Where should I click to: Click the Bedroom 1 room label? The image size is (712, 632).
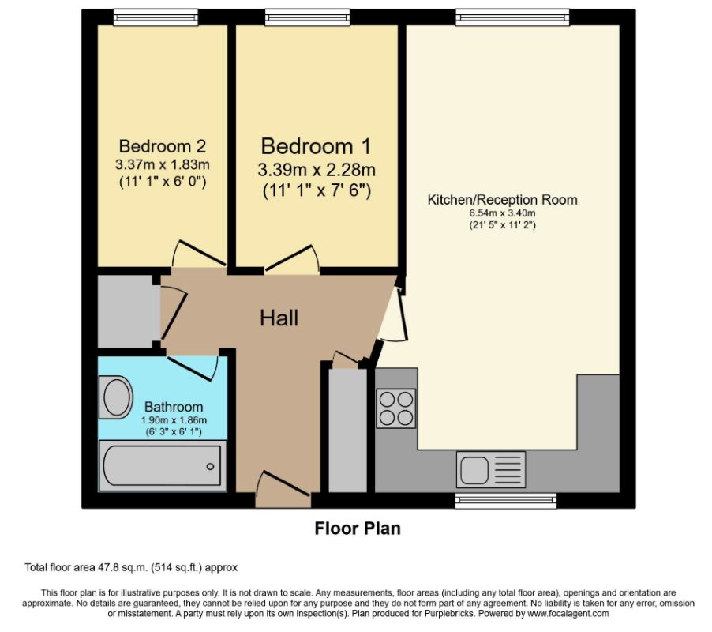pos(316,146)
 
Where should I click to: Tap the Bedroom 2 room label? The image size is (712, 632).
pos(162,146)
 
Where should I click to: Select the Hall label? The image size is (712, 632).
pos(279,318)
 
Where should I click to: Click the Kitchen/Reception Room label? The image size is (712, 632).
pos(502,199)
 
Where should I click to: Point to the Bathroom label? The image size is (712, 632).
pos(174,407)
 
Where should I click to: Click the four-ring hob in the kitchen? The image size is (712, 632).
pos(396,408)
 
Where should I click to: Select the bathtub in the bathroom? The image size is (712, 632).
pos(163,466)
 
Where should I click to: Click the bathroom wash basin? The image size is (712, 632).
pos(115,397)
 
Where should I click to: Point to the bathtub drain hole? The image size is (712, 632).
pos(210,467)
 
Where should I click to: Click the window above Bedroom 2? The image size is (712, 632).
pos(156,17)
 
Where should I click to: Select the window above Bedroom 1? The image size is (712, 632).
pos(308,17)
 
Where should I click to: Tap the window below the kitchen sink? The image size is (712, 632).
pos(506,501)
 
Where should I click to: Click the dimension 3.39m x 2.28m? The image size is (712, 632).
pos(317,170)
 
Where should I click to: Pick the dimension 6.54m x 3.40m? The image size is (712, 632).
pos(502,213)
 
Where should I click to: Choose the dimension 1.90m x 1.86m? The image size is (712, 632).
pos(174,420)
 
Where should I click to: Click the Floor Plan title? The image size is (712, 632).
pos(358,529)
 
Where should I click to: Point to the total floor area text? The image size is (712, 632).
pos(131,567)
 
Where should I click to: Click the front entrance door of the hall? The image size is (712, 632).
pos(283,490)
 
